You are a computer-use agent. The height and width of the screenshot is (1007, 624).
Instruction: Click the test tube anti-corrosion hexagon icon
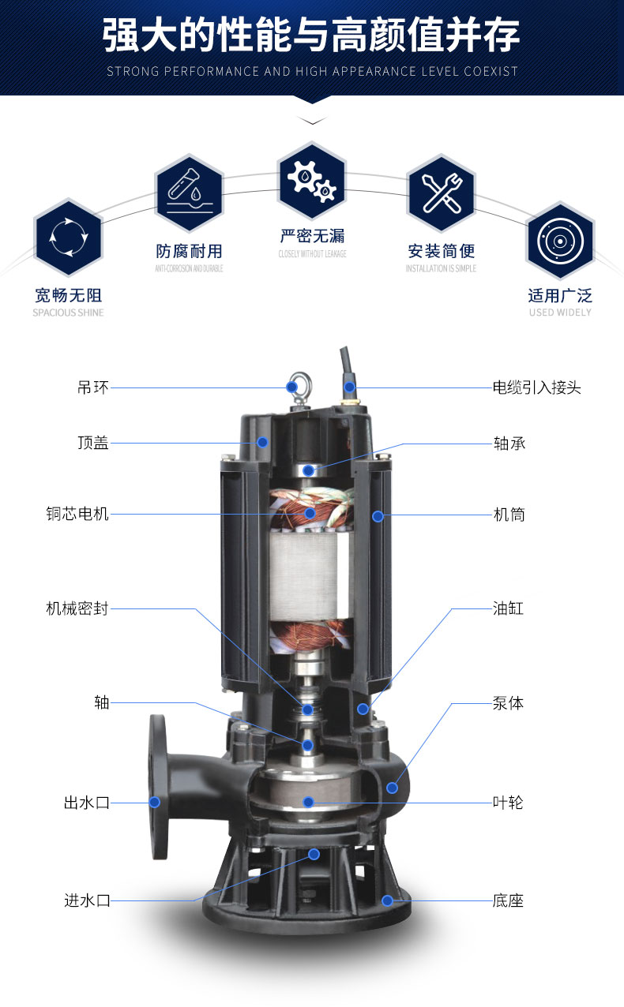pos(190,188)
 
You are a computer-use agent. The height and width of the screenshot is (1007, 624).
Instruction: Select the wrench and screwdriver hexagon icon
pos(441,191)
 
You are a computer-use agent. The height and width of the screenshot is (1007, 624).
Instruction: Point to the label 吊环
pos(93,387)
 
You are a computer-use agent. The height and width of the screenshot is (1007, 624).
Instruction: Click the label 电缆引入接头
pos(536,387)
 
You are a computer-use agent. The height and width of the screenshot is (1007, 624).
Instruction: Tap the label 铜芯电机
pos(77,515)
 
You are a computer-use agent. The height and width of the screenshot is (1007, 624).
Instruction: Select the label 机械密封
pos(77,608)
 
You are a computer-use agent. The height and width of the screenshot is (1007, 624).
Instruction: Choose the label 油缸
pos(508,608)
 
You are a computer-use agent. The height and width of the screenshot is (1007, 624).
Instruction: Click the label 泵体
pos(508,702)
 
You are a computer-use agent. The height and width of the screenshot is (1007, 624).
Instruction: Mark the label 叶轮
pos(508,803)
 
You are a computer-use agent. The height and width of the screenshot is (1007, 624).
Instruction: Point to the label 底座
pos(508,900)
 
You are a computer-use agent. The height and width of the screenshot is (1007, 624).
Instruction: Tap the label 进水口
pos(87,900)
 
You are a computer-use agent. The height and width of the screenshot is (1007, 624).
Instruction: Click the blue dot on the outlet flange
pos(155,802)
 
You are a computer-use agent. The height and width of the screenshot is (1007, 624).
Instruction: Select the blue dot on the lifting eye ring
pos(291,387)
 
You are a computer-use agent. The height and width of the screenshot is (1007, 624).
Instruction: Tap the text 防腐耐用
pos(189,251)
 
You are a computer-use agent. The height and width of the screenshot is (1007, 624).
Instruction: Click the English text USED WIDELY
pos(559,313)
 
